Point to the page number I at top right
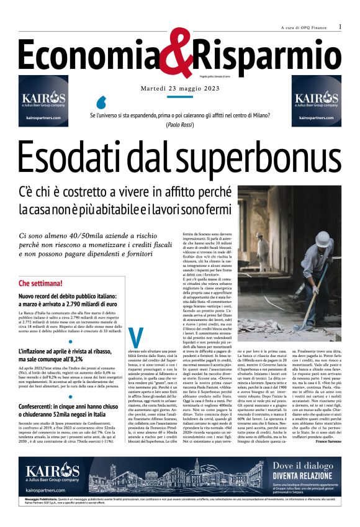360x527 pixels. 340,27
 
